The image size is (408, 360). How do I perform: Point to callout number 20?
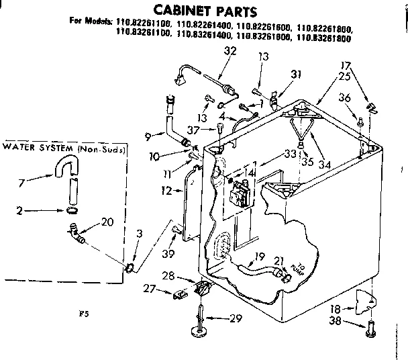click(106, 222)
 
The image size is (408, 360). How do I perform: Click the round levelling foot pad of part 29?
click(201, 330)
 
